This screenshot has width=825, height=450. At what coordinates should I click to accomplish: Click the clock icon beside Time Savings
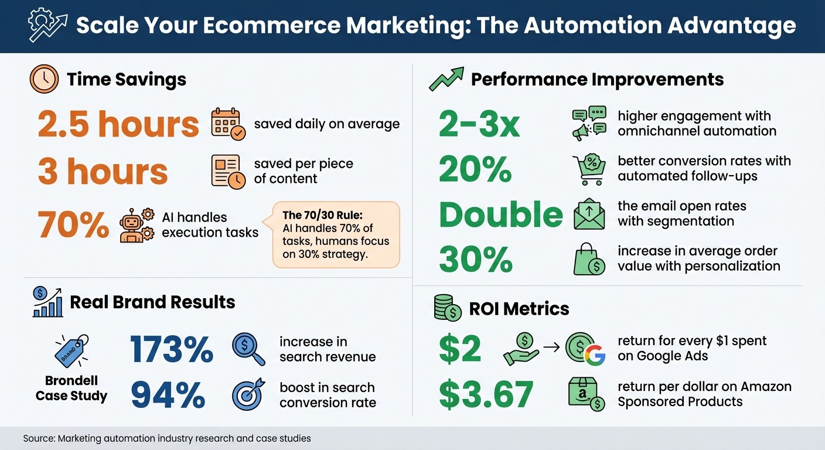pos(44,79)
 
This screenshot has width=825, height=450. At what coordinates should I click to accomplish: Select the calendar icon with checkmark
pos(228,124)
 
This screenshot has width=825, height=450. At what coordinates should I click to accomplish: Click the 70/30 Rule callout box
pos(336,234)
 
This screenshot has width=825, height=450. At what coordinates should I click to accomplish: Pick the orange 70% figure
pos(73,224)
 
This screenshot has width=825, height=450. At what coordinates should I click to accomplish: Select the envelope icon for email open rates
pos(589,214)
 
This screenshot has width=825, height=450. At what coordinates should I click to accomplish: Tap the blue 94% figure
pos(168,395)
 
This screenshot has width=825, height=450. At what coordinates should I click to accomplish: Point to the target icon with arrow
pos(248,394)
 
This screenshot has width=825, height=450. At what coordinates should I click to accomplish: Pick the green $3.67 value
pos(486,394)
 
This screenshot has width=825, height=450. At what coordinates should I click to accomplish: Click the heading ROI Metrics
pos(519,308)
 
